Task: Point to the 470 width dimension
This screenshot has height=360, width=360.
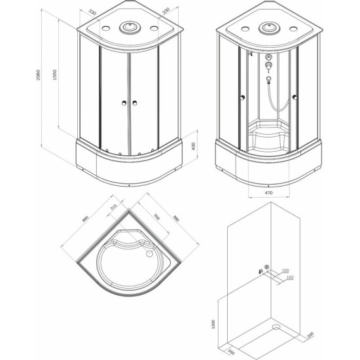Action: [x=268, y=193]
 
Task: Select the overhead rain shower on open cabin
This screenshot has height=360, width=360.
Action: [x=268, y=28]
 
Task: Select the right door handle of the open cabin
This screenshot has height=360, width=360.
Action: [x=295, y=98]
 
